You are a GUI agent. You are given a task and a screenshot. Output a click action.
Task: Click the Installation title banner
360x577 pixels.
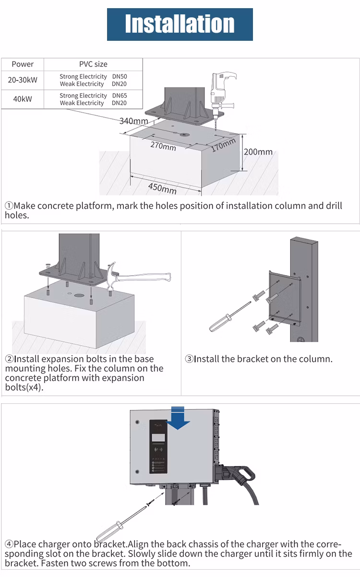point(180,24)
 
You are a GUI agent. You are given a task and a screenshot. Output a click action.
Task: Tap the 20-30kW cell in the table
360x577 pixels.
point(23,80)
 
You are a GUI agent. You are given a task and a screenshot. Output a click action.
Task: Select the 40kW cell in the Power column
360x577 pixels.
point(23,99)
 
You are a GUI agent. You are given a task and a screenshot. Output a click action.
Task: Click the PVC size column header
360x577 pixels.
point(93,64)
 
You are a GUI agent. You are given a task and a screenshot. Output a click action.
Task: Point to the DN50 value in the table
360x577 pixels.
point(120,76)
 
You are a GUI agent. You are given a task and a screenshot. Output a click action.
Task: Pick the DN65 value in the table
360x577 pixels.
point(120,96)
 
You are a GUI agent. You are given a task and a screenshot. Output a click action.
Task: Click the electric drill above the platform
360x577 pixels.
point(223,89)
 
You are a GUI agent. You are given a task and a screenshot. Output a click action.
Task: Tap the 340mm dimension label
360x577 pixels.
point(133,121)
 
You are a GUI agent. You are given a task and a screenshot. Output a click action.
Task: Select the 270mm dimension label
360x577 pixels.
point(163,145)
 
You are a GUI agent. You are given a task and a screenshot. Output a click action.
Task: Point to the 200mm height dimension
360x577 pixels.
point(258,152)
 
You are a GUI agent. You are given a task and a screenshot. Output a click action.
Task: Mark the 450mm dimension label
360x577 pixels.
point(162,187)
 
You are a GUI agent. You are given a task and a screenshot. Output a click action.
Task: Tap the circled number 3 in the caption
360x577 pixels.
point(189,359)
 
